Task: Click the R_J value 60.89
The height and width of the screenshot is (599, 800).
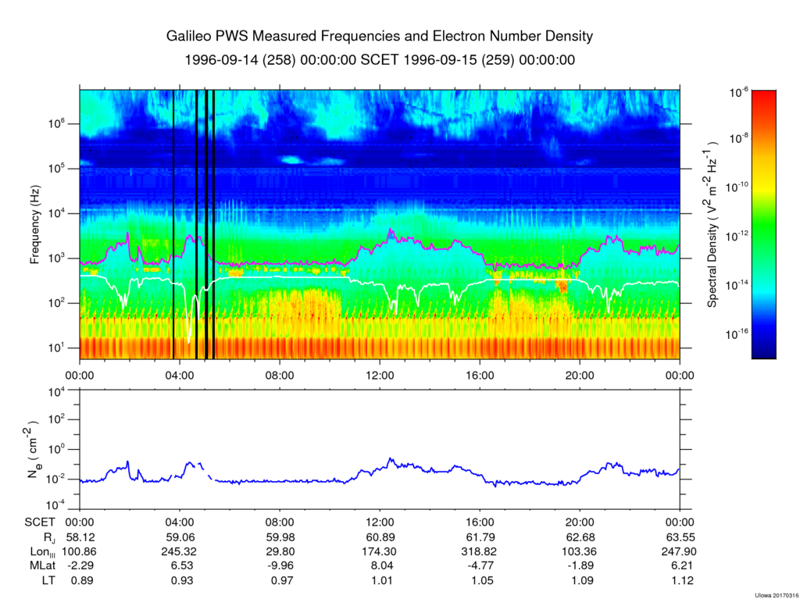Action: (380, 537)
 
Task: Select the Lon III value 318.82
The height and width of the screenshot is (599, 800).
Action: (480, 551)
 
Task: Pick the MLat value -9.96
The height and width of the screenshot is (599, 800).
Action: (280, 565)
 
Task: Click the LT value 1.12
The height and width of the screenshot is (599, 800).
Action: (680, 579)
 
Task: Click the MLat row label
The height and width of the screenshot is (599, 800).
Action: (37, 565)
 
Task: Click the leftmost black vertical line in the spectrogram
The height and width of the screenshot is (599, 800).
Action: (173, 224)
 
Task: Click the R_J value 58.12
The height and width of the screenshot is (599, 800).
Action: (80, 537)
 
